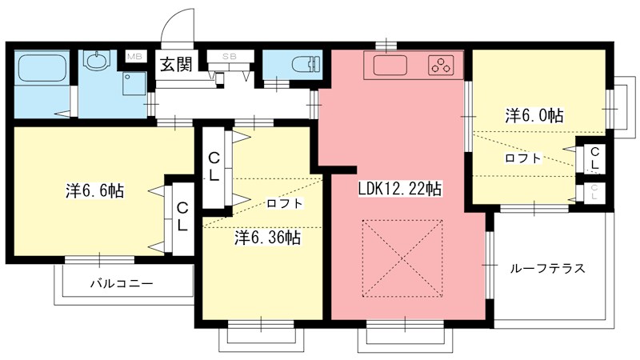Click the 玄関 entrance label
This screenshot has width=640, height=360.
click(176, 64)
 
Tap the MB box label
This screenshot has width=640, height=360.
click(134, 56)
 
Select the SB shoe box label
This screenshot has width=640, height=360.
click(230, 57)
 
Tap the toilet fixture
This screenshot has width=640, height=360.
click(306, 64)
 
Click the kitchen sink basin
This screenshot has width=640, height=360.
click(390, 66)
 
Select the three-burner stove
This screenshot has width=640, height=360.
click(441, 66)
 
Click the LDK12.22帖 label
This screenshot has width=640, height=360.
click(399, 189)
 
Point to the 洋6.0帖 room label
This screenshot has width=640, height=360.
click(534, 115)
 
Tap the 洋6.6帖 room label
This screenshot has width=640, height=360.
click(95, 190)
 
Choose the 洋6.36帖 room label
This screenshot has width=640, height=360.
click(268, 237)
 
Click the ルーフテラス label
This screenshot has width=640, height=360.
click(547, 268)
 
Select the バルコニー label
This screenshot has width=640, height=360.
click(122, 283)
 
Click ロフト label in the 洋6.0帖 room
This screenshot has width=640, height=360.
click(523, 158)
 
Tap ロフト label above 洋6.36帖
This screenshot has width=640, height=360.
click(285, 203)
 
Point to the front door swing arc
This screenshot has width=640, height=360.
click(171, 16)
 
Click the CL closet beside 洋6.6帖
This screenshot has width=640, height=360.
click(182, 217)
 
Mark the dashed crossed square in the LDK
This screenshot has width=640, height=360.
click(402, 258)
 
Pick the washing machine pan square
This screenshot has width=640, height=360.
click(134, 84)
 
